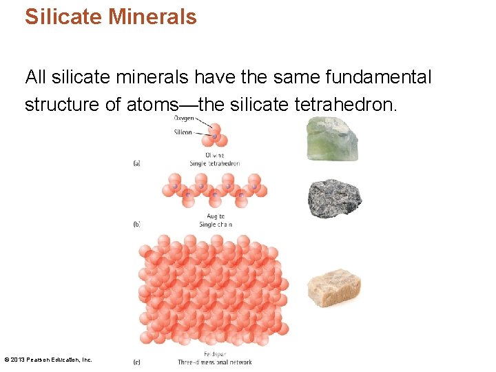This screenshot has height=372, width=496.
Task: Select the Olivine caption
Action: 215,156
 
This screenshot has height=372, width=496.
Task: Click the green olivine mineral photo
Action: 332,138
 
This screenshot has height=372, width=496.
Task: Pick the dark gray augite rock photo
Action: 334,199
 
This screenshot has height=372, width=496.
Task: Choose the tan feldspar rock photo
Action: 334,288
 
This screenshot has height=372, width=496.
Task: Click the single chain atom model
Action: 214,190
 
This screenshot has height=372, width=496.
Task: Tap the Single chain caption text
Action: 216,225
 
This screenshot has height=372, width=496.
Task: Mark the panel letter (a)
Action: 136,163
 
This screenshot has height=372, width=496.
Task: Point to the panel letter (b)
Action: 136,225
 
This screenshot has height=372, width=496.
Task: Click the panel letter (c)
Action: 136,362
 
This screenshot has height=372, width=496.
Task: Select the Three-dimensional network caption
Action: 215,362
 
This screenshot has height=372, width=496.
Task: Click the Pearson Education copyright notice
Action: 48,360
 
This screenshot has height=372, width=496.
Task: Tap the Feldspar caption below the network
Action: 216,354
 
